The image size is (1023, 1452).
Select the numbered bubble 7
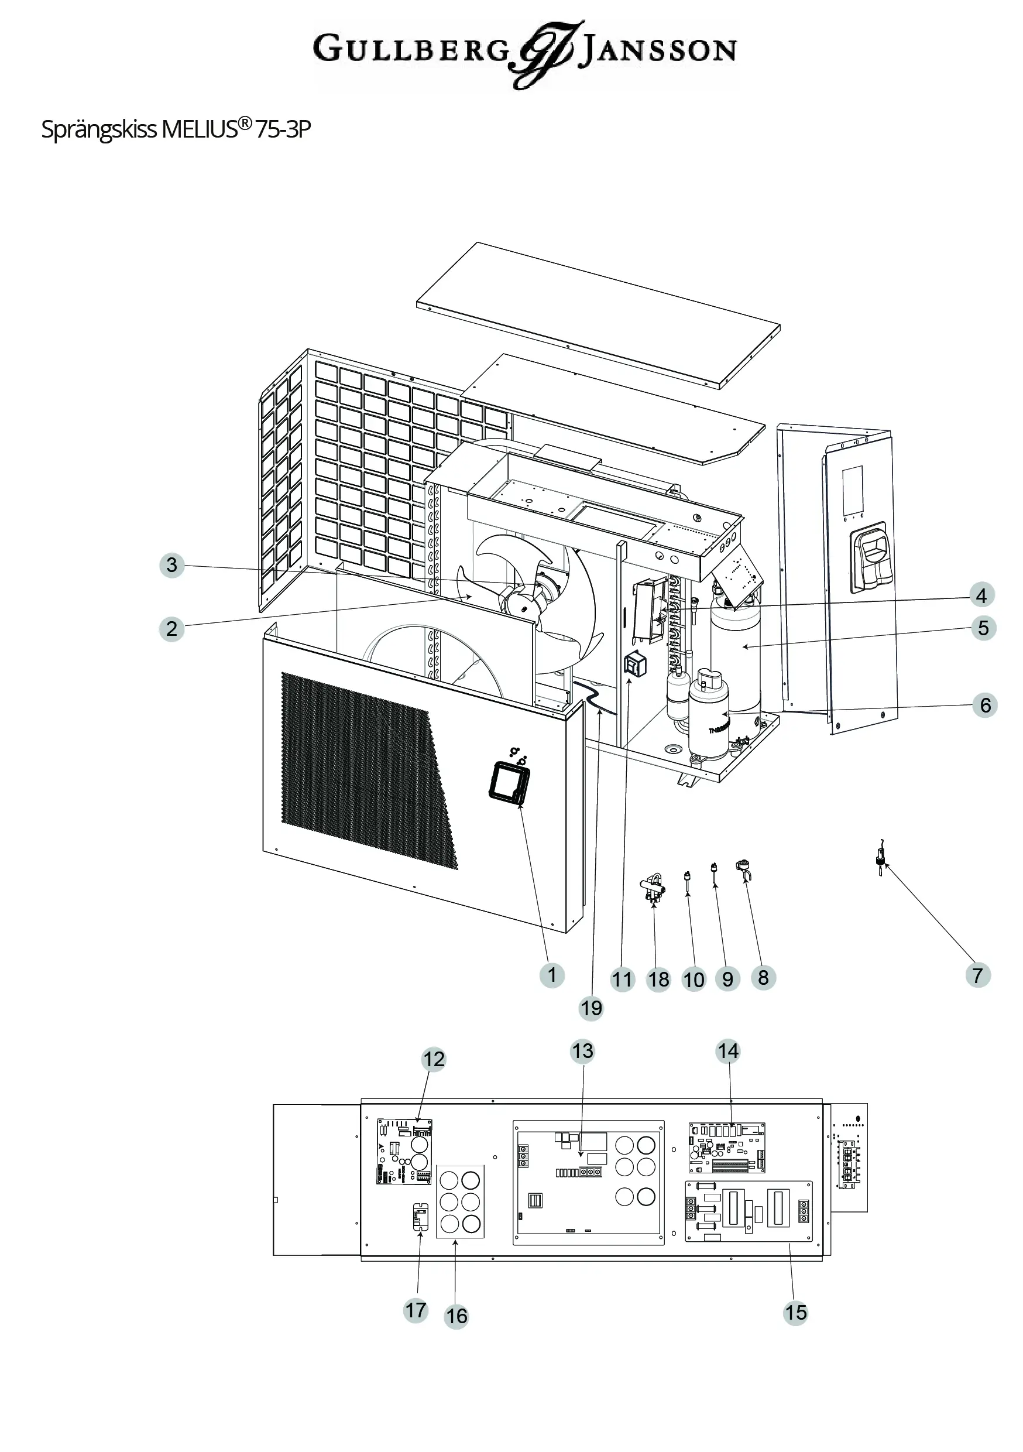(977, 975)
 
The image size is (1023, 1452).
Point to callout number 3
(171, 565)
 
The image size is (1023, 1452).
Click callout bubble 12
(434, 1059)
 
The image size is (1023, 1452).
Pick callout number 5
(983, 628)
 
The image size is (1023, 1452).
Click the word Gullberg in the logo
(411, 49)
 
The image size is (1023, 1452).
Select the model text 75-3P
(283, 129)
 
